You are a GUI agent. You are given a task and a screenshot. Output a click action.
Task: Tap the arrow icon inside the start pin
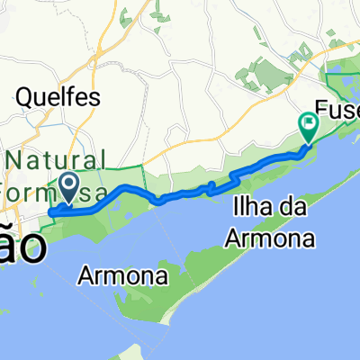(x=68, y=184)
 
